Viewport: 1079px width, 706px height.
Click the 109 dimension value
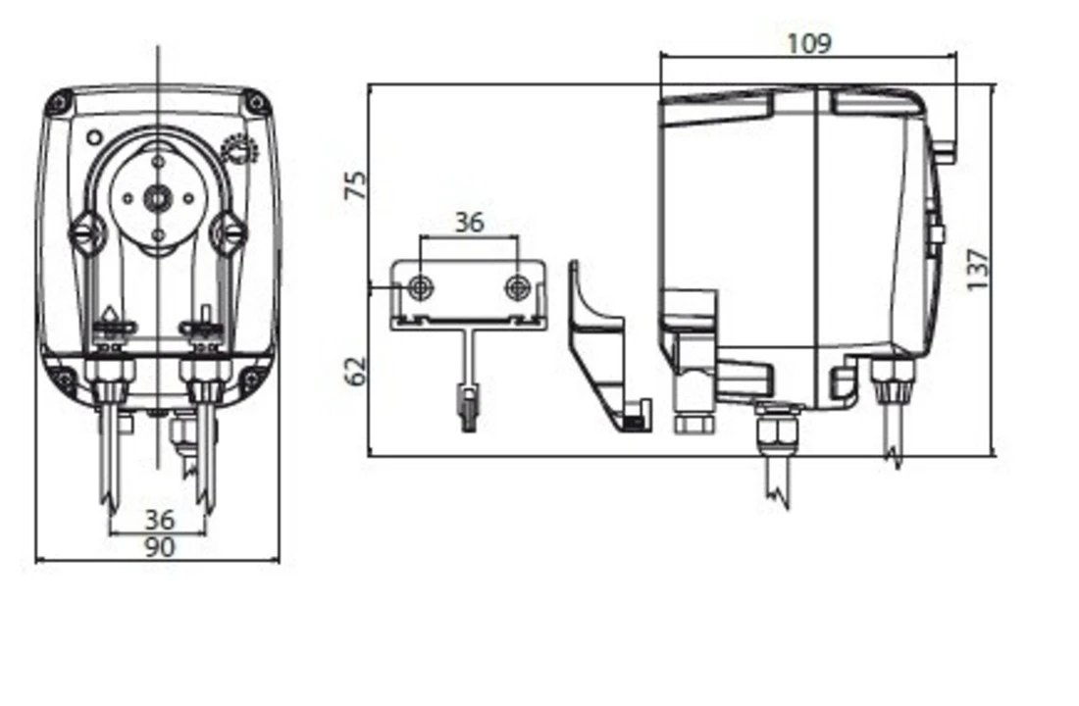(x=808, y=44)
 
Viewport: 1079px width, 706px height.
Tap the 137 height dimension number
(x=978, y=269)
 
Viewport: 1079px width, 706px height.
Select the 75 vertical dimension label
(x=357, y=185)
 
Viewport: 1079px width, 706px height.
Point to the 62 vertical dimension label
(x=357, y=370)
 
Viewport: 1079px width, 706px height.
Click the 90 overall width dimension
(x=158, y=547)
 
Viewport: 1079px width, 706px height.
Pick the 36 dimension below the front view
(x=158, y=520)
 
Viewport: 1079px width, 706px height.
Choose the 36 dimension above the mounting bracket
(x=469, y=223)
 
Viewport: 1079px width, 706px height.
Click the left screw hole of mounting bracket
(x=421, y=286)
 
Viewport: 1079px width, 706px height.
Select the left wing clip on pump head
(x=85, y=233)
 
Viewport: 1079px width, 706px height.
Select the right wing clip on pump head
(x=230, y=233)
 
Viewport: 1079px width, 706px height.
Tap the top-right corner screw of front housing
(x=256, y=102)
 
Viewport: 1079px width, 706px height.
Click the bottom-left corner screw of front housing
(x=63, y=378)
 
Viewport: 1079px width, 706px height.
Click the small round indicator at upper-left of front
(x=95, y=138)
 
